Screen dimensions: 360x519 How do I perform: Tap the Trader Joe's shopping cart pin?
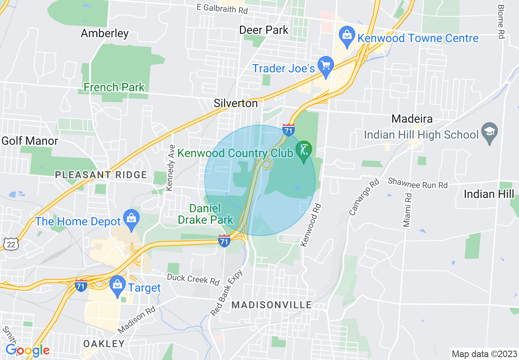pos(326,66)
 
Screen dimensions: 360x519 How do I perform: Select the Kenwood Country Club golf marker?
pos(304,150)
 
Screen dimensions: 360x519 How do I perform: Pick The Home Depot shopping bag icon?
pos(131,218)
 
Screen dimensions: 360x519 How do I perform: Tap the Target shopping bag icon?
pos(118,285)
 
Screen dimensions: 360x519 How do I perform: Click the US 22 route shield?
pos(9,244)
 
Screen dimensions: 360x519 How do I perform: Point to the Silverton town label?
pos(236,103)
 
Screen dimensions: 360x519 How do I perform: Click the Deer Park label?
pos(264,30)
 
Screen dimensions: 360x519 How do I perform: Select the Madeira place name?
pos(412,119)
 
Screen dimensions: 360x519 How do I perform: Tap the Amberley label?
pos(105,33)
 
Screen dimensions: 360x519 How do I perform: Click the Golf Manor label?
pos(30,141)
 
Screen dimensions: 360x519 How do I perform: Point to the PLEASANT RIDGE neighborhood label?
pos(101,175)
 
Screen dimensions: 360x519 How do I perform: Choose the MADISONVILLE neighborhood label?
pos(271,305)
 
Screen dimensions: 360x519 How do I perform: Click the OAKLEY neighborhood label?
pos(104,344)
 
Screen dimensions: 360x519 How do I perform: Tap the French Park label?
pos(114,87)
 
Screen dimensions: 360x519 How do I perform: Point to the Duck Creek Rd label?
pos(193,280)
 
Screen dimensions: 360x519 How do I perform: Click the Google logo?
pos(27,350)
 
